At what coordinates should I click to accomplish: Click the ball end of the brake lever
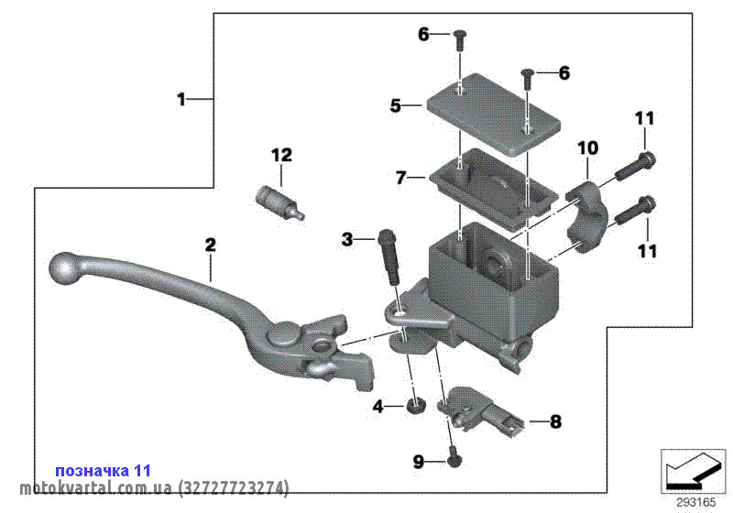(x=63, y=268)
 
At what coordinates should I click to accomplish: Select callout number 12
(x=281, y=155)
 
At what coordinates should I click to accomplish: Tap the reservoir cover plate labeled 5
(x=493, y=114)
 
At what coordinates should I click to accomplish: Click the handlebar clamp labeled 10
(x=585, y=216)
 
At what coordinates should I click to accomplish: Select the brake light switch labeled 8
(x=480, y=410)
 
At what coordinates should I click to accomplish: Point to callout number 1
(x=181, y=99)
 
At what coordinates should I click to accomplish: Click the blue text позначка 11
(x=103, y=470)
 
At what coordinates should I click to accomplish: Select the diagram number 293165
(x=696, y=503)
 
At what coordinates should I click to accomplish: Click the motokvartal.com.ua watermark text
(x=154, y=487)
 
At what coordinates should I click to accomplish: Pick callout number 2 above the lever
(x=211, y=245)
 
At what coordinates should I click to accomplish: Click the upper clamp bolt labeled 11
(x=635, y=167)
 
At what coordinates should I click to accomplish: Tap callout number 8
(x=555, y=422)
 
